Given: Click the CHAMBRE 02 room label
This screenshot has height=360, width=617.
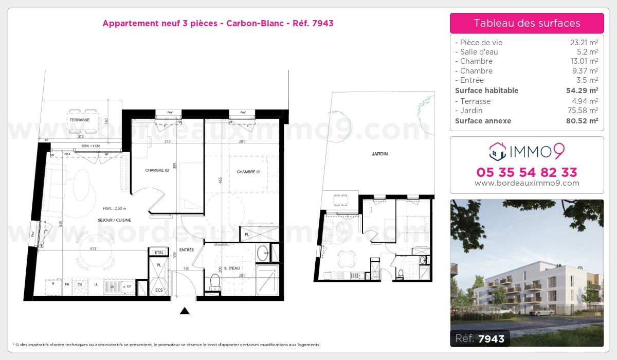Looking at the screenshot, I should (157, 170).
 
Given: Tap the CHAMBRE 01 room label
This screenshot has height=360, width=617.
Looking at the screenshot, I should (248, 172).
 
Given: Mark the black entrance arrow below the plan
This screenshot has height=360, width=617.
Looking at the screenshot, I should (185, 311).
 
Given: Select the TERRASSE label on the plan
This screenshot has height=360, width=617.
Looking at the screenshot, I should (80, 120).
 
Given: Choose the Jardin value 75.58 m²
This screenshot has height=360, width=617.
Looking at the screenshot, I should (584, 111).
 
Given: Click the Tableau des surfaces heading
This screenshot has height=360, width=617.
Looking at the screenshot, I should (527, 23).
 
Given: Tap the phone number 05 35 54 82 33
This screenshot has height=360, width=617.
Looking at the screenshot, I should (527, 172).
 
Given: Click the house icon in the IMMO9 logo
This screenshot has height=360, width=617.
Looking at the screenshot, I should (496, 151).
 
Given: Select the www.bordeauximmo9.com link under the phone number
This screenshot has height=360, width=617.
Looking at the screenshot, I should (527, 183).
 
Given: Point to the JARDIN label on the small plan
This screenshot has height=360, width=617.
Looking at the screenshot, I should (379, 154).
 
